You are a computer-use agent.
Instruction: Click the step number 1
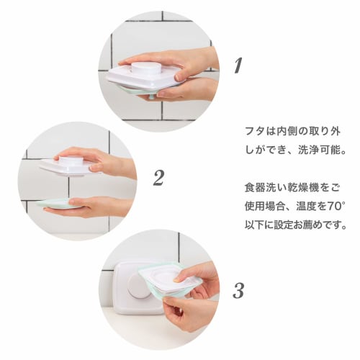(x=238, y=66)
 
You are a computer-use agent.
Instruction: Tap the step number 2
(x=158, y=178)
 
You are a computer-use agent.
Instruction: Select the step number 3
(x=238, y=290)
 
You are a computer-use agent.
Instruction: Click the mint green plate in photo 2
(x=60, y=204)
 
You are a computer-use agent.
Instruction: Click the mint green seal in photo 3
(x=168, y=282)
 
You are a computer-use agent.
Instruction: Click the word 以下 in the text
(x=255, y=225)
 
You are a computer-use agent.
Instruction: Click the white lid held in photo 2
(x=68, y=167)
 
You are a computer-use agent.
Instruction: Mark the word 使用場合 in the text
(x=265, y=207)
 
